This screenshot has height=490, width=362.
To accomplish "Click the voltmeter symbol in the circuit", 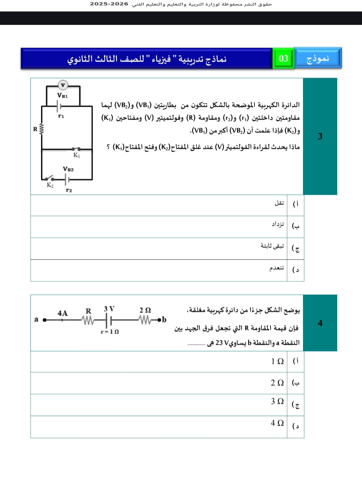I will tap(63, 85).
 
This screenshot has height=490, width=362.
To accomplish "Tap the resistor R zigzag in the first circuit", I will tap(42, 129).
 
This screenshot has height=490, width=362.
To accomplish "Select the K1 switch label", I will tap(77, 155).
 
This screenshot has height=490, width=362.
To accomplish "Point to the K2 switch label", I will tap(50, 185).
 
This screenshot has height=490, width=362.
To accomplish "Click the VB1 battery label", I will tap(62, 96).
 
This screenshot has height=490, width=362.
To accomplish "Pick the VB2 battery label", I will tap(68, 169).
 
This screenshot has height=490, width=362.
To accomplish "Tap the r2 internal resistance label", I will tap(69, 190).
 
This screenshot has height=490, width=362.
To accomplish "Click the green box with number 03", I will tap(283, 58).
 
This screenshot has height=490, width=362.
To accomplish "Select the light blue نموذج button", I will tap(318, 58).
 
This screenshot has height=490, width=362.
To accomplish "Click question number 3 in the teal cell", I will tap(320, 136).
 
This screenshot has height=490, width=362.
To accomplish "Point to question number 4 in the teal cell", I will tap(320, 323).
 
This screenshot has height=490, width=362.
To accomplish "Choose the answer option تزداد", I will tap(278, 224).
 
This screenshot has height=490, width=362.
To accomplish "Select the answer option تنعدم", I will tap(277, 268).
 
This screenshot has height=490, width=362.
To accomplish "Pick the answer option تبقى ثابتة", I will tap(272, 246).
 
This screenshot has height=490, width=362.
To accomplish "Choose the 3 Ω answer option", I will tap(277, 401).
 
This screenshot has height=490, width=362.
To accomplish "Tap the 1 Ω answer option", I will tap(277, 361).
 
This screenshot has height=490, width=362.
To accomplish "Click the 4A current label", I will tap(62, 313).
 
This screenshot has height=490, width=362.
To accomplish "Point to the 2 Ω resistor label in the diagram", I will tap(145, 310).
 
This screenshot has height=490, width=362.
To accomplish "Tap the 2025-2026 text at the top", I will tap(109, 4).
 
